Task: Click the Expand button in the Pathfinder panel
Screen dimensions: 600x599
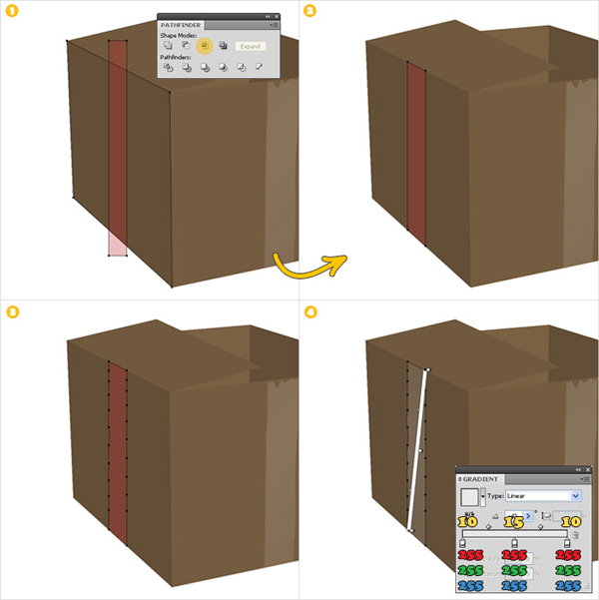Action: pyautogui.click(x=251, y=46)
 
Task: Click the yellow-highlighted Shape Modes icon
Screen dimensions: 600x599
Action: pyautogui.click(x=204, y=46)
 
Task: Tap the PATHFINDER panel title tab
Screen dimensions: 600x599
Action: pyautogui.click(x=181, y=23)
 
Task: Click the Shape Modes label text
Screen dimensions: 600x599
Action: pyautogui.click(x=180, y=35)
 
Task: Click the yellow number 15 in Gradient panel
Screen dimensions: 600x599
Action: pyautogui.click(x=514, y=520)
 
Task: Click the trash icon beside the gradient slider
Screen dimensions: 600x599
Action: pyautogui.click(x=575, y=536)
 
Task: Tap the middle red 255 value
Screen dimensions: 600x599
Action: pyautogui.click(x=514, y=555)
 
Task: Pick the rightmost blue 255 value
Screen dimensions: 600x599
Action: pyautogui.click(x=568, y=585)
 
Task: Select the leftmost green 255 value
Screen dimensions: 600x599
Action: pyautogui.click(x=468, y=570)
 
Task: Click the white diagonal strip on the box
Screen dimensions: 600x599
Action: pyautogui.click(x=416, y=449)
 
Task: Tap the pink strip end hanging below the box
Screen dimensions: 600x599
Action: pyautogui.click(x=118, y=245)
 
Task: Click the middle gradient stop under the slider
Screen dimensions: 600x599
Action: pyautogui.click(x=514, y=542)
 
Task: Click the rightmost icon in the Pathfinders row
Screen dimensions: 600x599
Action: pyautogui.click(x=258, y=68)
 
